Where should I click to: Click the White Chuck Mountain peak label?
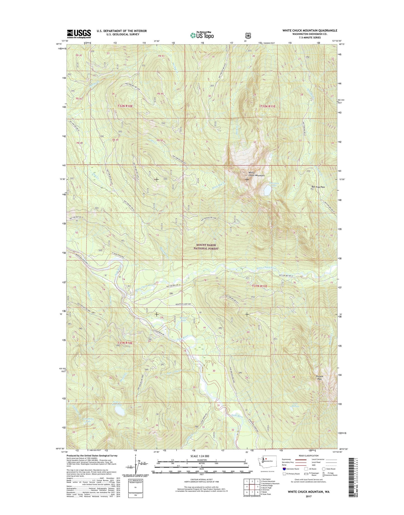256,174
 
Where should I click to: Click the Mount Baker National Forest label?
207,247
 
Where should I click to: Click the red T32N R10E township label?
127,106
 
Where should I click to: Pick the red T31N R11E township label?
259,286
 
